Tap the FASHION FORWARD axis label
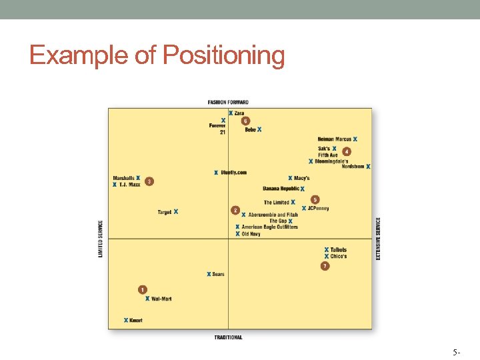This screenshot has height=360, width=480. (x=228, y=102)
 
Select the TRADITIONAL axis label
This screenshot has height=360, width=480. (x=228, y=337)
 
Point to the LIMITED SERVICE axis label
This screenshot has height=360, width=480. (x=101, y=239)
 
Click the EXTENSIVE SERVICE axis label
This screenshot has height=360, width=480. (x=379, y=239)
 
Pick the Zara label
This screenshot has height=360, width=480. (x=239, y=113)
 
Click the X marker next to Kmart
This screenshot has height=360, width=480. (x=126, y=321)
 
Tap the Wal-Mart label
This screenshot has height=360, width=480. (x=161, y=299)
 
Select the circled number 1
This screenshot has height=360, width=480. (x=142, y=289)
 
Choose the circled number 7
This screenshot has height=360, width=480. (x=325, y=266)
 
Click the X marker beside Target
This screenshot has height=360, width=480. (x=176, y=212)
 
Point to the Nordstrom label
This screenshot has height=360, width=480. (x=353, y=167)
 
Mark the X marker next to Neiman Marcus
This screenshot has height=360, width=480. (x=355, y=139)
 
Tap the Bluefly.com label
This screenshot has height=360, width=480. (x=233, y=173)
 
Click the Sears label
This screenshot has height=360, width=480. (x=218, y=274)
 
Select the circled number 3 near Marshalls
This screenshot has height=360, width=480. (x=149, y=181)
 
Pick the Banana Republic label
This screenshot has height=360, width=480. (x=281, y=189)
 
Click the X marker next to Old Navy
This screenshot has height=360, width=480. (x=237, y=234)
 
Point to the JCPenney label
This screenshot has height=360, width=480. (x=318, y=208)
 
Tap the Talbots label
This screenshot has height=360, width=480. (x=339, y=250)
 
